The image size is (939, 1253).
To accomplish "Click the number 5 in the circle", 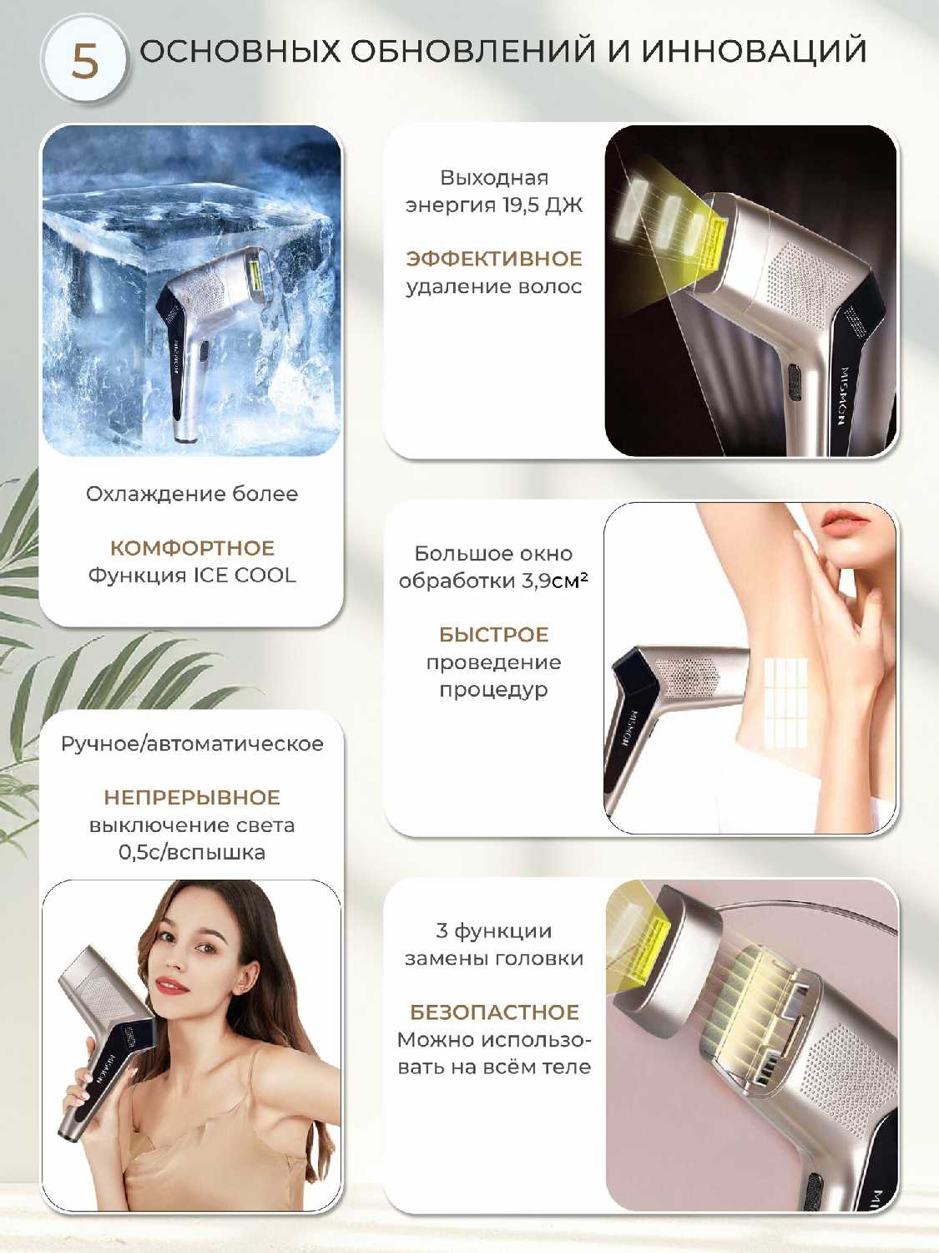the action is (85, 62).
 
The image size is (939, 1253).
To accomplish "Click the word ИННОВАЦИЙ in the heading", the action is (754, 51).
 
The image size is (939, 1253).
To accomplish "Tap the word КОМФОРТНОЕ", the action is (192, 548).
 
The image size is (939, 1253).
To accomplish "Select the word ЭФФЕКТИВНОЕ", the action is (494, 259).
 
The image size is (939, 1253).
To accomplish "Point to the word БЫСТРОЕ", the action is (494, 635).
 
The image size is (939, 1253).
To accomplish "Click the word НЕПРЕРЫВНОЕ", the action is (192, 797).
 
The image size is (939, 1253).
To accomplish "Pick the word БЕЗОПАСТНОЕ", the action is (494, 1012).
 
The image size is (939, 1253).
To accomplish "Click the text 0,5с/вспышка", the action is (192, 852).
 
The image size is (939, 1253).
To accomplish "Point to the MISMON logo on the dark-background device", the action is (846, 391).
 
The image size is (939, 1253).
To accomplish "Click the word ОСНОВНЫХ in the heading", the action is (240, 51).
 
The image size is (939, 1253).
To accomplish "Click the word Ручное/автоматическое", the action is (192, 743).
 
